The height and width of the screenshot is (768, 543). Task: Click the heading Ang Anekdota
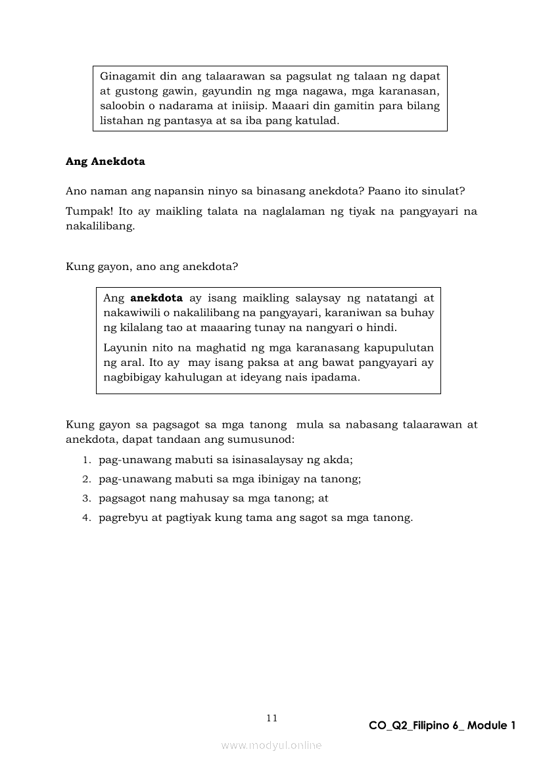click(105, 162)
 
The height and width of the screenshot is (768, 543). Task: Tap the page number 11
click(271, 718)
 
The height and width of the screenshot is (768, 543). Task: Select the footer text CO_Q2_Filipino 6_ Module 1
click(442, 725)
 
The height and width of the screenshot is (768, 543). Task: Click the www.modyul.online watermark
click(271, 745)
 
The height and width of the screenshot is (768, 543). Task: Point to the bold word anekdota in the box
click(156, 298)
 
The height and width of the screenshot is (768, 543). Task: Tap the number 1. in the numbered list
click(86, 461)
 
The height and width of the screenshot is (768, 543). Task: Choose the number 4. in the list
click(86, 518)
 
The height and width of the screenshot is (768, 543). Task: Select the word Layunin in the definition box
click(124, 347)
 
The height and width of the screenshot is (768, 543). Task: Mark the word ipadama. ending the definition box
click(338, 378)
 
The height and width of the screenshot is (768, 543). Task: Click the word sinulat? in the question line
click(444, 191)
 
